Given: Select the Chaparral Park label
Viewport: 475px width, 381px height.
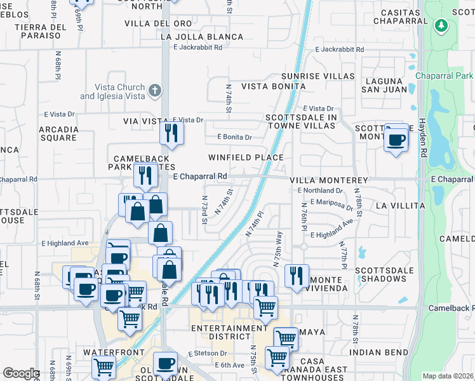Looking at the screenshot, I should tap(445, 76).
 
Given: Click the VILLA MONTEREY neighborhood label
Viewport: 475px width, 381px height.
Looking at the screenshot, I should tap(321, 180).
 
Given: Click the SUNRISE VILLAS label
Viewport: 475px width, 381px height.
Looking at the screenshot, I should tap(318, 76).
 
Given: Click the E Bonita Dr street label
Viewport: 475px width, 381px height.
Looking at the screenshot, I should tap(234, 137).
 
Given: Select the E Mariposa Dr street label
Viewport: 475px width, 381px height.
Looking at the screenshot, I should tap(331, 204).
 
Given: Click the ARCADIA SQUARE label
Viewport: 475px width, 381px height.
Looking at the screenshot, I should tap(58, 133).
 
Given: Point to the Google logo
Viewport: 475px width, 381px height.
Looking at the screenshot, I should tap(21, 373).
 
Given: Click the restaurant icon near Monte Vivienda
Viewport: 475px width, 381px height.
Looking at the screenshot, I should tap(297, 275).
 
